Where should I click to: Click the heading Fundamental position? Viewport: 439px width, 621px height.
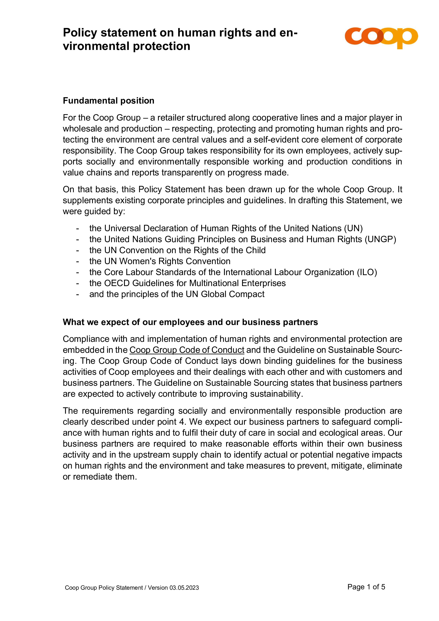tap(108, 101)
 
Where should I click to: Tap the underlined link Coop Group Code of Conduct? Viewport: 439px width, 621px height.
tap(187, 350)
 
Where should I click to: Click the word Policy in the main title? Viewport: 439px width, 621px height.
tap(80, 33)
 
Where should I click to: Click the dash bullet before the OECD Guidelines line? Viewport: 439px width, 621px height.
tap(78, 283)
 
